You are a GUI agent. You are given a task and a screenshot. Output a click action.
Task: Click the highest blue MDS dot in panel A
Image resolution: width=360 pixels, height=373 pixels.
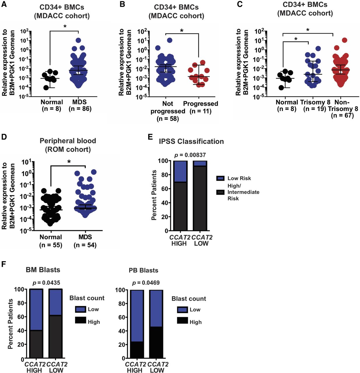pyautogui.click(x=78, y=41)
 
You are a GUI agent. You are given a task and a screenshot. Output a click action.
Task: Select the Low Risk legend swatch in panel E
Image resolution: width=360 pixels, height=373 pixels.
pyautogui.click(x=220, y=178)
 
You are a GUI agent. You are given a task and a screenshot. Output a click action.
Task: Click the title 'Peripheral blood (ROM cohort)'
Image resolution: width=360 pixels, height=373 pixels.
pyautogui.click(x=68, y=145)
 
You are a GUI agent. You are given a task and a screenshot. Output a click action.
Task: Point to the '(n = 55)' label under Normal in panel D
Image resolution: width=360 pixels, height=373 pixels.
pyautogui.click(x=51, y=245)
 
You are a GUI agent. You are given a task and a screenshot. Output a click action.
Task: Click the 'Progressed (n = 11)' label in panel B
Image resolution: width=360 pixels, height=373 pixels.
pyautogui.click(x=200, y=107)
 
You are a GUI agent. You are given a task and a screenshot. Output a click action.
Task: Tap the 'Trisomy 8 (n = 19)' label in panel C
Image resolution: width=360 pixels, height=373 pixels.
pyautogui.click(x=315, y=105)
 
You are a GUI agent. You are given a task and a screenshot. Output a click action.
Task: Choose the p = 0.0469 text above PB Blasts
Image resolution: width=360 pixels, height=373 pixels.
pyautogui.click(x=146, y=283)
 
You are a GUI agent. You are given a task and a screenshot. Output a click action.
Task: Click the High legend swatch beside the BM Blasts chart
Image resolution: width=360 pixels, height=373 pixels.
pyautogui.click(x=80, y=321)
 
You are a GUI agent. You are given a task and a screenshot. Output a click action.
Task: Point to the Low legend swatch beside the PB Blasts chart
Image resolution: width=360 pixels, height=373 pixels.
pyautogui.click(x=182, y=309)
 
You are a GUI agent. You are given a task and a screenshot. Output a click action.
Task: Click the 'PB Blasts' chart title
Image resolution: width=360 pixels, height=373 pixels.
pyautogui.click(x=144, y=270)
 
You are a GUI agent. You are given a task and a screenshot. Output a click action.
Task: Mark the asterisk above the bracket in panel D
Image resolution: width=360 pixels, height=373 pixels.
pyautogui.click(x=69, y=161)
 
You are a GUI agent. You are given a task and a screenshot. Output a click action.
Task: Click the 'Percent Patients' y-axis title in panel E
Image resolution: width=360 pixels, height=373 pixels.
pyautogui.click(x=155, y=195)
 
